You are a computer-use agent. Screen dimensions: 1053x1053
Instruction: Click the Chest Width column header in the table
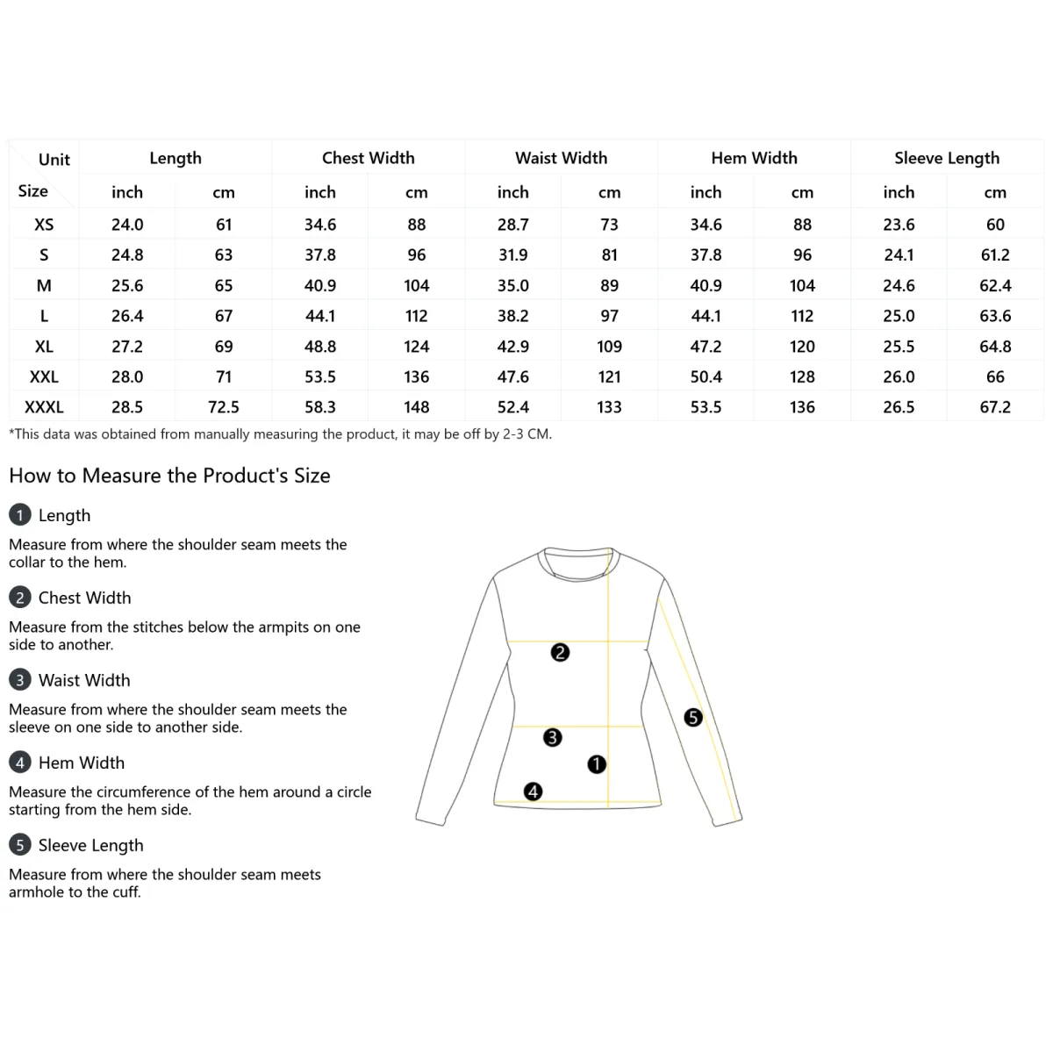[x=368, y=158]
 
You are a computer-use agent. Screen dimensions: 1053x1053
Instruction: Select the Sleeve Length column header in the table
[x=946, y=158]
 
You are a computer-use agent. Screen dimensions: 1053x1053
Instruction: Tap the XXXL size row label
[x=44, y=407]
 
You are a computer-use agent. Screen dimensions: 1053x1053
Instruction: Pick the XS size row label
[x=44, y=225]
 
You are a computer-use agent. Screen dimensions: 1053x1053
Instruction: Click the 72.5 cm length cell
[x=224, y=407]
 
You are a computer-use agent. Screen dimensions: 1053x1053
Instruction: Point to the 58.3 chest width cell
[x=320, y=407]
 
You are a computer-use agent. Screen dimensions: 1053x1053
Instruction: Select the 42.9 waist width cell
[x=512, y=347]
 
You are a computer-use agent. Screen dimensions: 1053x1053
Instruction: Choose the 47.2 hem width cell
[x=706, y=347]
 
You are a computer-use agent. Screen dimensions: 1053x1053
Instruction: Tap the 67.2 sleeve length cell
[x=995, y=407]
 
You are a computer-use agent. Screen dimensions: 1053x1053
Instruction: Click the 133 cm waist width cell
[x=609, y=407]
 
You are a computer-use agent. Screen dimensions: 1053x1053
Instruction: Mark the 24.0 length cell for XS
[x=127, y=225]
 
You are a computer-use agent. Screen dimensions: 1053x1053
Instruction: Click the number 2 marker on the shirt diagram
[x=560, y=652]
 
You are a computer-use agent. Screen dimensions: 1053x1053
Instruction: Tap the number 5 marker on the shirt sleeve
[x=693, y=718]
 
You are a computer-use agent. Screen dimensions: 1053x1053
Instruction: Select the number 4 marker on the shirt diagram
[x=533, y=792]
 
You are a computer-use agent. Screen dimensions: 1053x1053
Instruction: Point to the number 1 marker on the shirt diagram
[x=597, y=764]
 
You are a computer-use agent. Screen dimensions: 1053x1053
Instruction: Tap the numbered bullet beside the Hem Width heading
[x=19, y=763]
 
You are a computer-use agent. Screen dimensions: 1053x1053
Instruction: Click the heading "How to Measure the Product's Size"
[x=169, y=476]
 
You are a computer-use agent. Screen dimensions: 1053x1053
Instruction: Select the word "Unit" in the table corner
[x=54, y=160]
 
